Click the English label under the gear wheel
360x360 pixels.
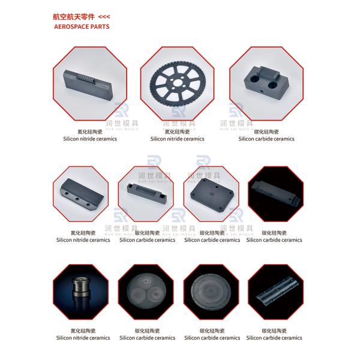177,139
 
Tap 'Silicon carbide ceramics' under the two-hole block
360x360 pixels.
266,139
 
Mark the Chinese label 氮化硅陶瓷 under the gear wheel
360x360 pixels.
177,130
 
